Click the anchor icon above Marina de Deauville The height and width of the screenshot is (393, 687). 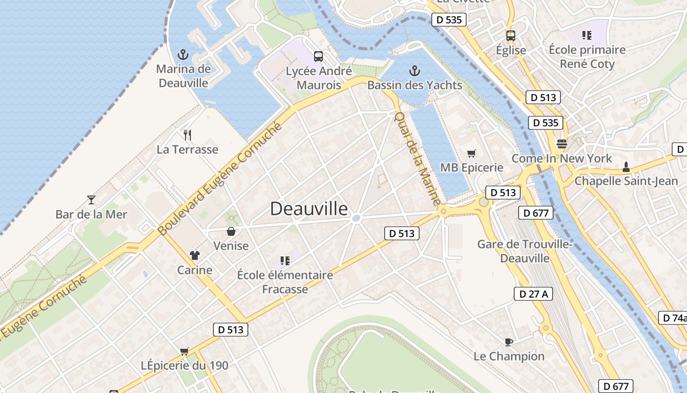pyautogui.click(x=183, y=54)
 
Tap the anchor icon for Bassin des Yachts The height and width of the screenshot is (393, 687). pyautogui.click(x=415, y=71)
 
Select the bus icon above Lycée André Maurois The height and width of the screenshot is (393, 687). pyautogui.click(x=318, y=56)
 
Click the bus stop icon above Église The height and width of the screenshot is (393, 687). pyautogui.click(x=511, y=35)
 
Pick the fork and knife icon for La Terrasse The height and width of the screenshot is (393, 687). pyautogui.click(x=187, y=135)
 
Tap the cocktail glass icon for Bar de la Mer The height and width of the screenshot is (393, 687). pyautogui.click(x=91, y=199)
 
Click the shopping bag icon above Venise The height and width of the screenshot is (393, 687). pyautogui.click(x=231, y=231)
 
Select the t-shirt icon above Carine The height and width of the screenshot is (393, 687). pyautogui.click(x=195, y=255)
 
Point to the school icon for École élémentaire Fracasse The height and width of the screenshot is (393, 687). pyautogui.click(x=285, y=260)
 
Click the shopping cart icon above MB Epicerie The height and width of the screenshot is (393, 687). pyautogui.click(x=472, y=153)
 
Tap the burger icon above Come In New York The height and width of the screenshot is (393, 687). pyautogui.click(x=562, y=144)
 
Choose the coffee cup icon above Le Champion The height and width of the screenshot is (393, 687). pyautogui.click(x=509, y=341)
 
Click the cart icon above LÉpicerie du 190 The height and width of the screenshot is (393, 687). pyautogui.click(x=184, y=351)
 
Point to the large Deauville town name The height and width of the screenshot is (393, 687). pyautogui.click(x=309, y=209)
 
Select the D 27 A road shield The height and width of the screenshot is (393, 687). pyautogui.click(x=533, y=294)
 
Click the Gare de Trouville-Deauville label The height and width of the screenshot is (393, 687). pyautogui.click(x=525, y=251)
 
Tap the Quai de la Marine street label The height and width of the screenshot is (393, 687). pyautogui.click(x=418, y=158)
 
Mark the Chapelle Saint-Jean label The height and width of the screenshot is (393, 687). pyautogui.click(x=626, y=181)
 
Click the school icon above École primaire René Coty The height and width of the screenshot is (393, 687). pyautogui.click(x=586, y=35)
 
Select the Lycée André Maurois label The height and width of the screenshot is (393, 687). pyautogui.click(x=319, y=78)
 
